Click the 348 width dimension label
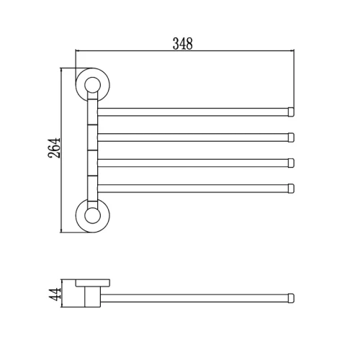pos(183,44)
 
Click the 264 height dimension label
pos(54,148)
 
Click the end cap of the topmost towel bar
pos(291,112)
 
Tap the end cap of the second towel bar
pos(291,138)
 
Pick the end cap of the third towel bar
pos(291,163)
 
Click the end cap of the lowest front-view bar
pos(291,189)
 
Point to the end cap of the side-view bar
pos(291,298)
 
